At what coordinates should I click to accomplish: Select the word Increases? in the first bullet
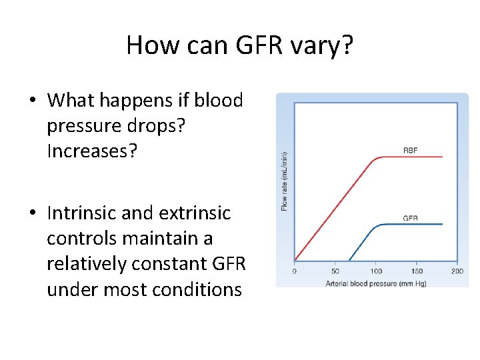[92, 151]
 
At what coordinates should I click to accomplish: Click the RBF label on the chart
[411, 151]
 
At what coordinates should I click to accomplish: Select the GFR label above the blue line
[411, 218]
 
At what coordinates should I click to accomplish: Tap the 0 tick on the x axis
[295, 271]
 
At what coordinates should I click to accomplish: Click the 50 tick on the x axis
[335, 271]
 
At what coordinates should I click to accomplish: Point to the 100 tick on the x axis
[376, 271]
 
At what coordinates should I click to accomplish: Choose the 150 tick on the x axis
[417, 271]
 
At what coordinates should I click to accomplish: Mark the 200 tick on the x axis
[457, 271]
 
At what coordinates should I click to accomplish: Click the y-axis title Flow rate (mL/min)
[285, 181]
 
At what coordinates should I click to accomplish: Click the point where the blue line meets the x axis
[349, 261]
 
